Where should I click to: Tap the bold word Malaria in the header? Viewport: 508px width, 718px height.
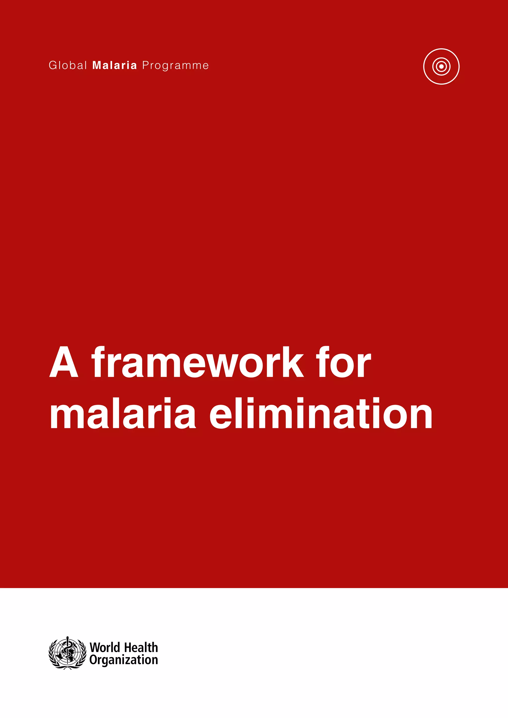[115, 65]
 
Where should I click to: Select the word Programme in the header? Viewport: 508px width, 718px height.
[175, 66]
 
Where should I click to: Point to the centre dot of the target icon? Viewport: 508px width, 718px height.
[441, 66]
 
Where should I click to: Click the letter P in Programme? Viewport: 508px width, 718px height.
[145, 65]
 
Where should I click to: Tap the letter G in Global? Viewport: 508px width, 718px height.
[53, 65]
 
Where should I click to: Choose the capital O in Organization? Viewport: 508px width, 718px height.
[93, 660]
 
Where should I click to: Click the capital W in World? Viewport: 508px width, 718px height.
[95, 647]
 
